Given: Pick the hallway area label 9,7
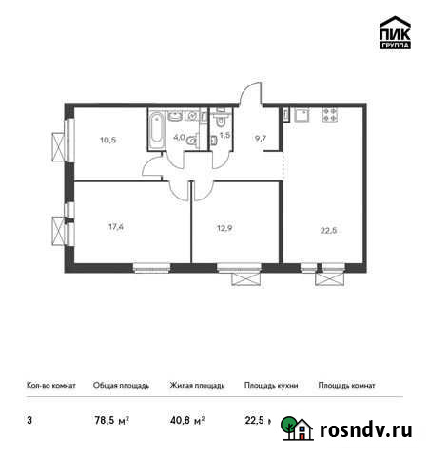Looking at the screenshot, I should [263, 138].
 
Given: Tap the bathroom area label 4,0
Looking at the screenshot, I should [179, 136].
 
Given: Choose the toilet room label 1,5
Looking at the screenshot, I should [224, 136].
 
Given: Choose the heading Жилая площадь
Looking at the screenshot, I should [197, 386].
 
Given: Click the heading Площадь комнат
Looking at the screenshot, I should [346, 386].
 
